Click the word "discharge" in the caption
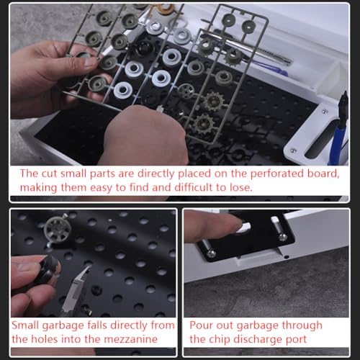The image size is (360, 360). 258,340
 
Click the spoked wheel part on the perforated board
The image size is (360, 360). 58,229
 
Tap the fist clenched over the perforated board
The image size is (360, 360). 144,135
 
